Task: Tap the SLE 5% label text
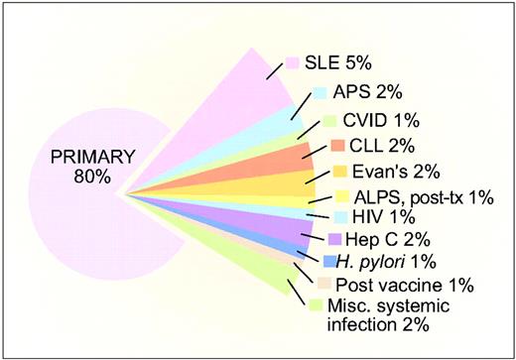(x=337, y=63)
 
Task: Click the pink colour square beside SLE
(x=294, y=63)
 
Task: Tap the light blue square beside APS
(x=320, y=93)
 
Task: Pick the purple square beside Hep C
(x=335, y=239)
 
